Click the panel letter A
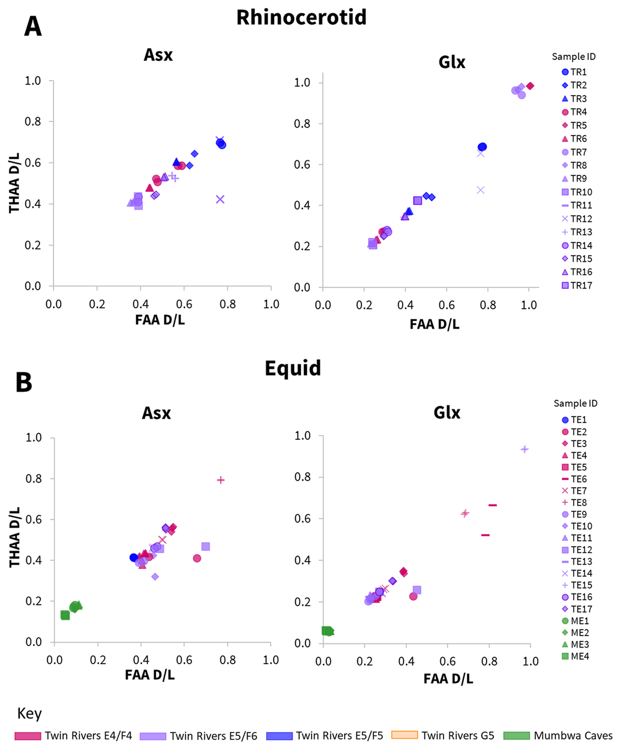pyautogui.click(x=33, y=26)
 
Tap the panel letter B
pyautogui.click(x=24, y=382)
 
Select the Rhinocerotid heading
pyautogui.click(x=301, y=18)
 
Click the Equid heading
pyautogui.click(x=293, y=368)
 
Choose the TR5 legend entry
pyautogui.click(x=579, y=125)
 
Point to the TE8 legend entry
pyautogui.click(x=579, y=502)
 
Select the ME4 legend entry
pyautogui.click(x=580, y=656)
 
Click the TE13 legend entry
pyautogui.click(x=581, y=562)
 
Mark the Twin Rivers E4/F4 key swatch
pyautogui.click(x=27, y=736)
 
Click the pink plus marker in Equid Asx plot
pyautogui.click(x=221, y=480)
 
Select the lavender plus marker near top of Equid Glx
pyautogui.click(x=524, y=449)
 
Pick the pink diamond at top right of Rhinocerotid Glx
pyautogui.click(x=530, y=86)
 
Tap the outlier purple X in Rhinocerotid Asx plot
pyautogui.click(x=220, y=199)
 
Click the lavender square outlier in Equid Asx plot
pyautogui.click(x=205, y=546)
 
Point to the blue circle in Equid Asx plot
pyautogui.click(x=134, y=558)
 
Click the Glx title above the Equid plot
pyautogui.click(x=447, y=412)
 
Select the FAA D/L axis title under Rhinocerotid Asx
pyautogui.click(x=160, y=320)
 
